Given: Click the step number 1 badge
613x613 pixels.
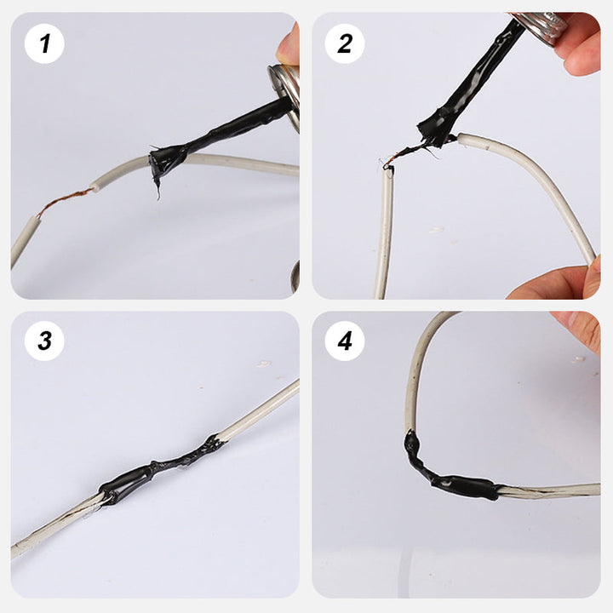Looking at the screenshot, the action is point(44,43).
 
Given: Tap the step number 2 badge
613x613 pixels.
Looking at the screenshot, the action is point(345,43).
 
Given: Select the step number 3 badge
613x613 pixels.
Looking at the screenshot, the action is point(44,341).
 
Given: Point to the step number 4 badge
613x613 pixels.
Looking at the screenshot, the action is point(345,341).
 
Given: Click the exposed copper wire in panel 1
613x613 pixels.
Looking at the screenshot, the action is point(66,201).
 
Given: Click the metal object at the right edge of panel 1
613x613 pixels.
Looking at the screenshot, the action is point(295,276).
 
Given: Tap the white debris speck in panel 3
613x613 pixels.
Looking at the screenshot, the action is point(264,364).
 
